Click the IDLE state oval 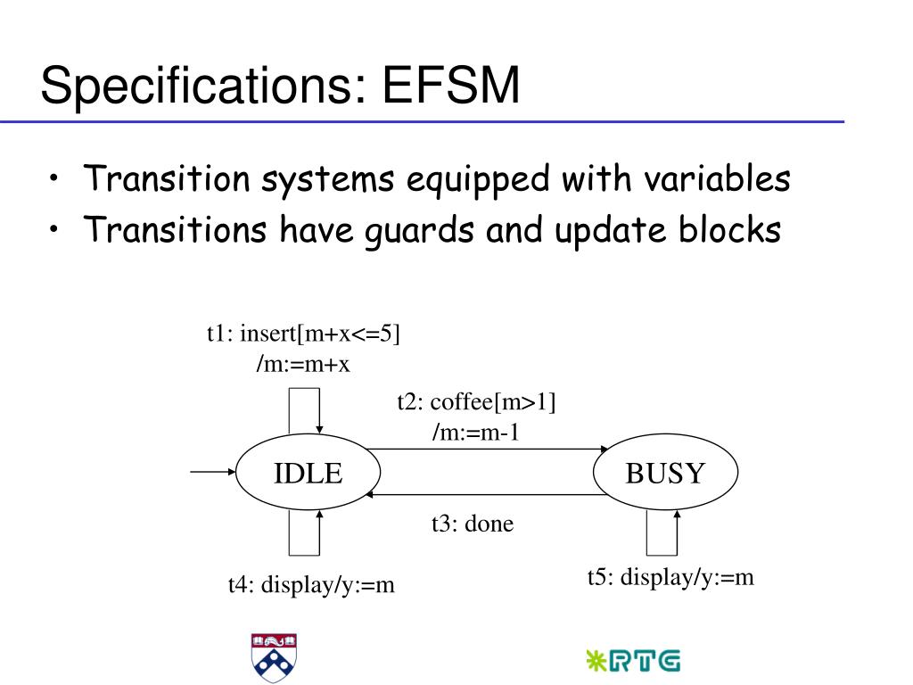pyautogui.click(x=307, y=473)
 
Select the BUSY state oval pyautogui.click(x=665, y=473)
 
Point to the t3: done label pyautogui.click(x=473, y=524)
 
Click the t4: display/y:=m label pyautogui.click(x=311, y=585)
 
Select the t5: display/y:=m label pyautogui.click(x=670, y=577)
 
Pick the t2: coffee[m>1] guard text pyautogui.click(x=476, y=402)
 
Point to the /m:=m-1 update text pyautogui.click(x=476, y=432)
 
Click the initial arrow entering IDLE pyautogui.click(x=213, y=472)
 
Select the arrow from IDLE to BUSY pyautogui.click(x=487, y=450)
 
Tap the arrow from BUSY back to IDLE pyautogui.click(x=487, y=493)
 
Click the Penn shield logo pyautogui.click(x=274, y=657)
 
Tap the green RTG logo pyautogui.click(x=633, y=660)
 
